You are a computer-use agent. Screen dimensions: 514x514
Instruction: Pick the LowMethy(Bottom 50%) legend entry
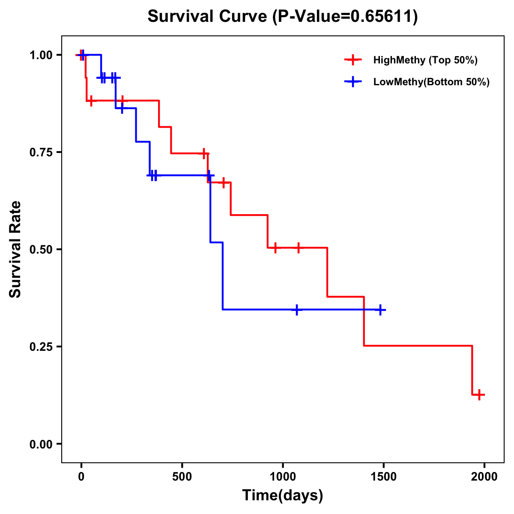(431, 82)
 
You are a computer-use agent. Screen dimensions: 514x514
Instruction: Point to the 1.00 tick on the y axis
(41, 55)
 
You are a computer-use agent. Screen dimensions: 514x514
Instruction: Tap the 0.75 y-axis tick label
(41, 152)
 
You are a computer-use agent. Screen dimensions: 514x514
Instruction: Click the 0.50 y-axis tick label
(41, 249)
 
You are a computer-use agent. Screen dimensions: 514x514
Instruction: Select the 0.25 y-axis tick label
(41, 347)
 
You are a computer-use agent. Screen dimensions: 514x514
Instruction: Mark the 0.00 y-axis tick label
(41, 444)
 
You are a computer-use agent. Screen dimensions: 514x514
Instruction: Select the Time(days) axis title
(283, 496)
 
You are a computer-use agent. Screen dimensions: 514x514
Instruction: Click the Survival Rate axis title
(15, 249)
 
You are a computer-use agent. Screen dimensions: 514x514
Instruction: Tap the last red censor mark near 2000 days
(480, 394)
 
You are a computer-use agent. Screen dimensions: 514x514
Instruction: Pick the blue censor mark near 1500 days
(380, 310)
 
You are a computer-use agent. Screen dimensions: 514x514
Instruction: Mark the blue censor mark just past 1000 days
(296, 310)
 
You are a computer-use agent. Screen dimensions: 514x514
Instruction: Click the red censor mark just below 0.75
(204, 153)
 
